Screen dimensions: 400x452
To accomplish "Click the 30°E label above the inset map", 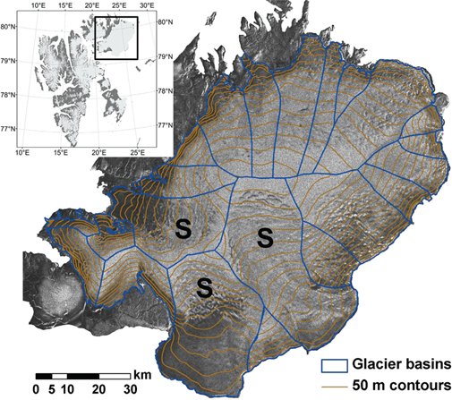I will (147, 7).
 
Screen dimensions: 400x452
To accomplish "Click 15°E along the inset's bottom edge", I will (61, 154).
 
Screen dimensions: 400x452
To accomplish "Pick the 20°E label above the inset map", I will (92, 7).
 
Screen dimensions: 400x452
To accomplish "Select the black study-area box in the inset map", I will (115, 38).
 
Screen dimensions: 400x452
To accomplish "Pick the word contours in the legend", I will (410, 385).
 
